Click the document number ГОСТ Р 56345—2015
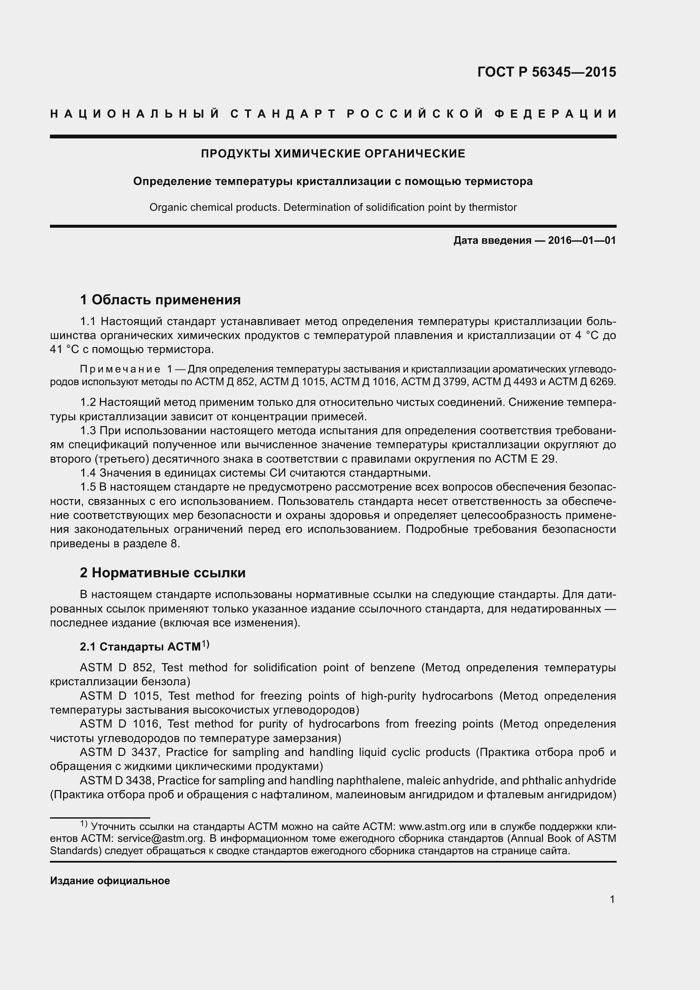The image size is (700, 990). point(546,72)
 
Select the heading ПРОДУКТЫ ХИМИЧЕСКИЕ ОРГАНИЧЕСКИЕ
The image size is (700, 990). point(333,154)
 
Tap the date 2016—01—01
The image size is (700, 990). point(582,240)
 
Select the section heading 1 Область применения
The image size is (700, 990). point(160,299)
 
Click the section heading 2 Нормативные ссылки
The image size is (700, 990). point(163,573)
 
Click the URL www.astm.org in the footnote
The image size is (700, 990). point(432,827)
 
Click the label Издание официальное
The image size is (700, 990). point(110,881)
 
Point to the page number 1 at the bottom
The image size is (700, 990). point(612,899)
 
